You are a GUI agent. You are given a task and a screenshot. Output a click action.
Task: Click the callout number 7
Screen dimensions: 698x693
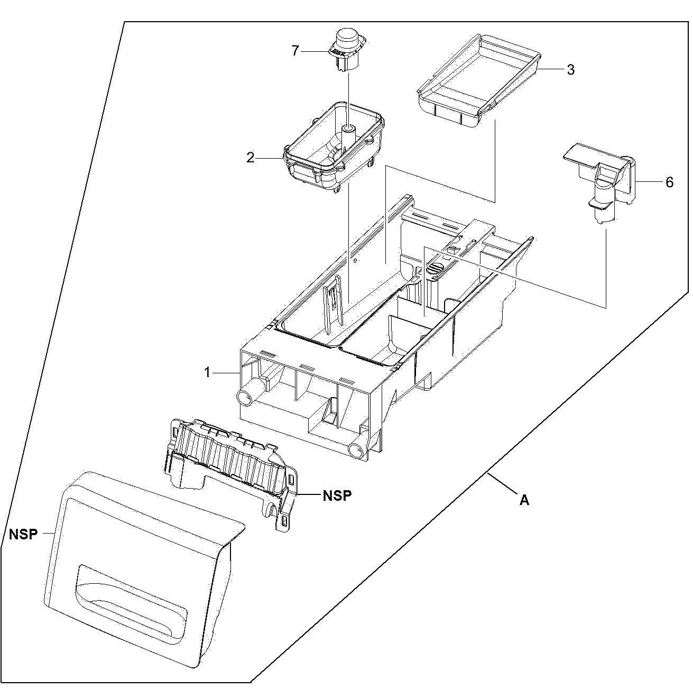tap(295, 51)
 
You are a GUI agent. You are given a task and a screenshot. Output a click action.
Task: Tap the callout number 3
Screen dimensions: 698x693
tap(570, 70)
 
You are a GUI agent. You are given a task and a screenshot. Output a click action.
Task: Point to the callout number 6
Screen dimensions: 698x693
tap(669, 182)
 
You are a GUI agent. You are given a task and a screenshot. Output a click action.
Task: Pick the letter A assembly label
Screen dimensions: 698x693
tap(524, 500)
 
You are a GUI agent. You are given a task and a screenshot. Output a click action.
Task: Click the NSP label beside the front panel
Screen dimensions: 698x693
tap(23, 534)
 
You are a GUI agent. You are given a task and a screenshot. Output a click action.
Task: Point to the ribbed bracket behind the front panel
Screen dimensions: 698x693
tap(230, 460)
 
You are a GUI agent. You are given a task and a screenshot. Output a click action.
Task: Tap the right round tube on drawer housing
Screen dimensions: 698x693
tap(357, 450)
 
